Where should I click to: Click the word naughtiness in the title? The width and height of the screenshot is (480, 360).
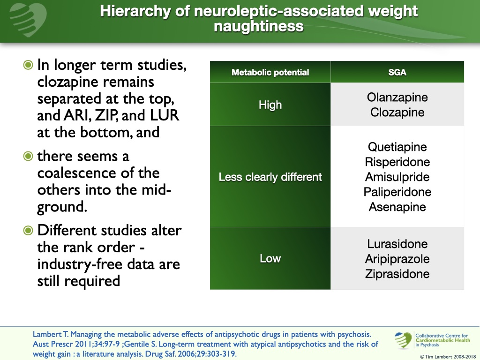[x=258, y=26]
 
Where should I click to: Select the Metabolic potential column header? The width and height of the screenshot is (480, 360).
[x=270, y=72]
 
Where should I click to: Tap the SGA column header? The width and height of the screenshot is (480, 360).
[x=397, y=72]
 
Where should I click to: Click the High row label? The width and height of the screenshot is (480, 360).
[x=270, y=105]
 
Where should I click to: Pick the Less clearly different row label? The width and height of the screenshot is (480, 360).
[x=270, y=177]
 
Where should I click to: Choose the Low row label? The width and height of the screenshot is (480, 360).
[x=270, y=259]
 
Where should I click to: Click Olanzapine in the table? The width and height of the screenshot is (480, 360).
[x=397, y=97]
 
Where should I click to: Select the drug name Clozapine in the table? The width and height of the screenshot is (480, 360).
[x=397, y=112]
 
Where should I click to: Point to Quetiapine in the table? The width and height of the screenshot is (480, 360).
[x=397, y=147]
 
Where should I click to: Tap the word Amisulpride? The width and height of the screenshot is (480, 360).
[x=397, y=177]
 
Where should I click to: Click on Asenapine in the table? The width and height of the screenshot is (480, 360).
[x=397, y=207]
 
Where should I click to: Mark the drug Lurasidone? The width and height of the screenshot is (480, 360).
[x=397, y=244]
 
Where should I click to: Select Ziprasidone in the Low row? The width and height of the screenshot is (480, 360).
[x=397, y=274]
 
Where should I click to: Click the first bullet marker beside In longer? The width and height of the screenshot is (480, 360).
[x=29, y=65]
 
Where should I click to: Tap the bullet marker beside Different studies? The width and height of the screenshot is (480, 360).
[x=29, y=231]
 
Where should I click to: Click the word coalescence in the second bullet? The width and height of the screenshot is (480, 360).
[x=75, y=172]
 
